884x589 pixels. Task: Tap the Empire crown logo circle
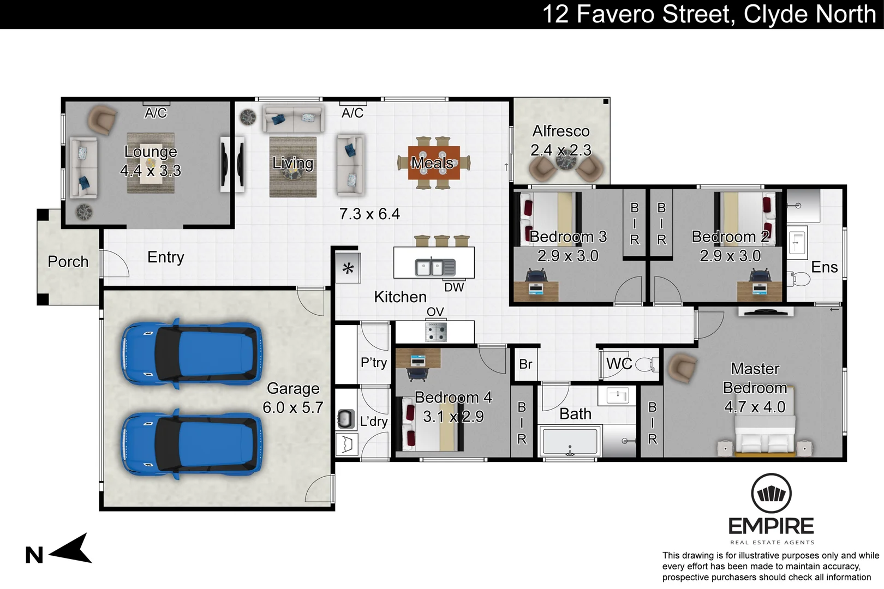[x=771, y=494]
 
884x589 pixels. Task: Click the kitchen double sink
[x=435, y=267]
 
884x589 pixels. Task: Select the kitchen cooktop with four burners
[x=436, y=332]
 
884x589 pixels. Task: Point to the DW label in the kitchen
[x=454, y=287]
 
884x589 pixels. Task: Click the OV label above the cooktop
[x=435, y=312]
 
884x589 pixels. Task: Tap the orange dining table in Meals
[x=434, y=163]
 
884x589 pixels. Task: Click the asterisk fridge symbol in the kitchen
[x=348, y=269]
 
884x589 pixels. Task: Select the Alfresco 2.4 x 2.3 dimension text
[x=561, y=151]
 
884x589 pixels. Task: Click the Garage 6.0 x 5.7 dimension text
[x=293, y=407]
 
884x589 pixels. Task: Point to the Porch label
[x=68, y=262]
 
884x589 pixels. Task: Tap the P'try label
[x=374, y=363]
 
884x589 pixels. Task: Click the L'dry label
[x=374, y=422]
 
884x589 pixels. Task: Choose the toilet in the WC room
[x=647, y=364]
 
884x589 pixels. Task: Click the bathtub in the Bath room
[x=570, y=441]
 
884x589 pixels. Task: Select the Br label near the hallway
[x=525, y=364]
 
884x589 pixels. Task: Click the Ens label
[x=825, y=267]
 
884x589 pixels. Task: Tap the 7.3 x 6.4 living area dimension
[x=370, y=214]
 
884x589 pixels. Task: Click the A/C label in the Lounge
[x=156, y=113]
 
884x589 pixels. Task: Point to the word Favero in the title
[x=616, y=14]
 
